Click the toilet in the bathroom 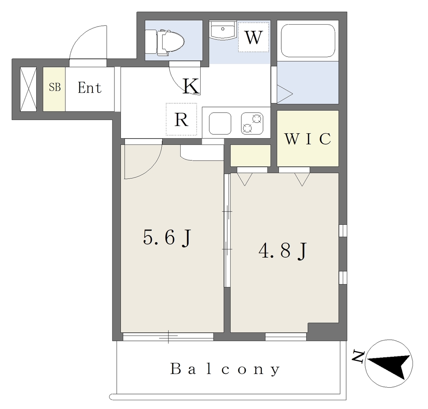point(165,42)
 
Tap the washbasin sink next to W point(223,30)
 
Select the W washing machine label point(254,37)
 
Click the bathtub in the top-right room point(308,41)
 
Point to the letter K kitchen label point(191,86)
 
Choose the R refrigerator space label point(181,119)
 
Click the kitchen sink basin point(220,123)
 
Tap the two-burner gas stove point(252,123)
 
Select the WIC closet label point(308,139)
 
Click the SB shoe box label point(55,87)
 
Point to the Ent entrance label point(89,88)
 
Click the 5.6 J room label point(166,238)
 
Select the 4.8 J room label point(283,251)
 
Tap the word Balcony point(225,369)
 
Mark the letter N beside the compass point(358,356)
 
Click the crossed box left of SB point(28,89)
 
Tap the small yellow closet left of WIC point(251,155)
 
